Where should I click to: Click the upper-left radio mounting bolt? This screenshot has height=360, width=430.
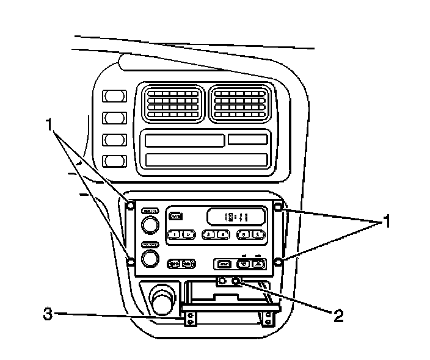tap(130, 204)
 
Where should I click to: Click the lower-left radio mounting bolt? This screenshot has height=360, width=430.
tap(130, 262)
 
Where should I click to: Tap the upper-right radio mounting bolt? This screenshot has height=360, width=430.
tap(279, 207)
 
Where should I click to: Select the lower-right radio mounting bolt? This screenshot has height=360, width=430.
tap(279, 262)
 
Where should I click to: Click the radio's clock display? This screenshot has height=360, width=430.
tap(236, 216)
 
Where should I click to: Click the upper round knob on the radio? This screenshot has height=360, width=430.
tap(148, 226)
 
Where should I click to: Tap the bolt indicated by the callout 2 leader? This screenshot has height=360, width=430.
tap(235, 282)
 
